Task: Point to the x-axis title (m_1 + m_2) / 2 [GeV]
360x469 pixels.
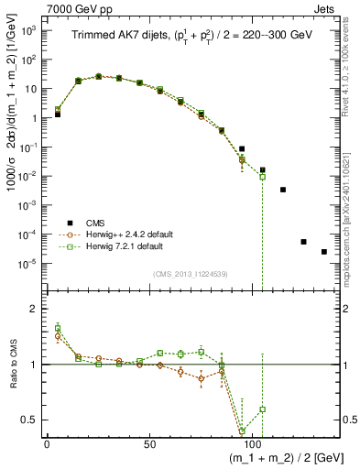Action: (x=275, y=459)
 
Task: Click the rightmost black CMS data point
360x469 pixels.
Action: (x=323, y=252)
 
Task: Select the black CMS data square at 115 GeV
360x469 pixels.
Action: (x=283, y=190)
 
